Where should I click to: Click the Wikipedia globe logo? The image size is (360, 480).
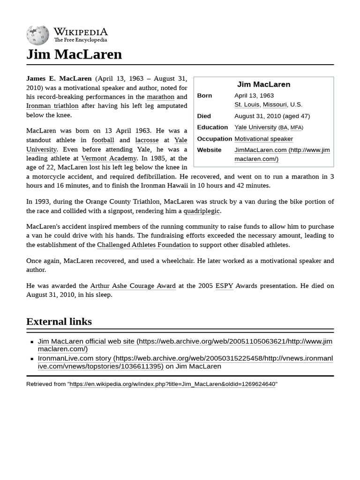[x=37, y=35]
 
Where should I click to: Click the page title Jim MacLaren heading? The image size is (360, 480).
[x=74, y=54]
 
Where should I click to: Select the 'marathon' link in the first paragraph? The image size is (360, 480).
[x=160, y=97]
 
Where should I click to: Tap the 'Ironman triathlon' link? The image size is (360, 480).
[x=52, y=106]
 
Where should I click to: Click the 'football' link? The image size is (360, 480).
[x=103, y=140]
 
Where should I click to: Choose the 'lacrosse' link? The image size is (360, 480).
[x=147, y=140]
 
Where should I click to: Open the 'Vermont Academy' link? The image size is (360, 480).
[x=109, y=158]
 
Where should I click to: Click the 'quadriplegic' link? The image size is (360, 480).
[x=202, y=211]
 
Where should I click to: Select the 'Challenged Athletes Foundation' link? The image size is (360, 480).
[x=143, y=245]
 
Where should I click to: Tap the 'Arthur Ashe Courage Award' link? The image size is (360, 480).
[x=133, y=285]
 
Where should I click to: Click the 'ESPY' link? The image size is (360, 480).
[x=224, y=285]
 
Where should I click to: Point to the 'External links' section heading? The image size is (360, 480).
[x=59, y=322]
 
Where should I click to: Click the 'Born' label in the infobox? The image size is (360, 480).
[x=204, y=96]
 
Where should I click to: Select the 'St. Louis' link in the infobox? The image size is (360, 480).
[x=247, y=105]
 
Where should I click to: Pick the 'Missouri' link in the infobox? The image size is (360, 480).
[x=274, y=105]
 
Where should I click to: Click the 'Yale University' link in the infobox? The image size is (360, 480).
[x=255, y=127]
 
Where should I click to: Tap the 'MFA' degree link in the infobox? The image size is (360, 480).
[x=296, y=127]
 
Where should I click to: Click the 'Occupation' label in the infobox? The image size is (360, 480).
[x=214, y=139]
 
